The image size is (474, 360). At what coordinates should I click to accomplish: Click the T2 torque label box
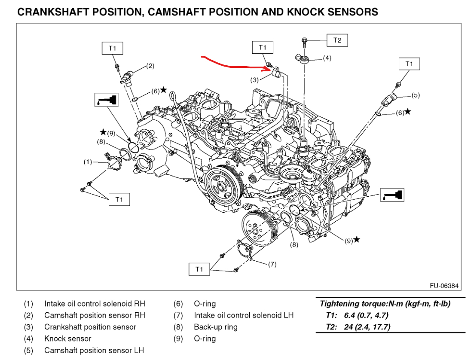coord(337,40)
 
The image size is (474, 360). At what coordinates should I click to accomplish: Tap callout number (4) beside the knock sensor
coord(327,58)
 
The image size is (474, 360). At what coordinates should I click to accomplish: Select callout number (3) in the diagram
coord(255,80)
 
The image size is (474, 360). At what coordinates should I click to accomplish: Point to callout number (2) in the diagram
coord(150,66)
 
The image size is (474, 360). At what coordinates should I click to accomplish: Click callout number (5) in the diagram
coord(415,95)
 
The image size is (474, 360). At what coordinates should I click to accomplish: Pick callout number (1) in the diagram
coord(88,162)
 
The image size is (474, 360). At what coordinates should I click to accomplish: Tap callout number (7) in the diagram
coord(272,264)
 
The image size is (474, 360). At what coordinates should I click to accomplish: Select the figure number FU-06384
coord(444,285)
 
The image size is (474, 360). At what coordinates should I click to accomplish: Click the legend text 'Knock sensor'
coord(67,339)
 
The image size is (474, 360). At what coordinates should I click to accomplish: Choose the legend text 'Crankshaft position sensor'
coord(90,327)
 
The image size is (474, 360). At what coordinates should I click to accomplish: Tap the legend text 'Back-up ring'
coord(215,327)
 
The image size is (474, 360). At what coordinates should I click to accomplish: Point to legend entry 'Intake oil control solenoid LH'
coord(244,315)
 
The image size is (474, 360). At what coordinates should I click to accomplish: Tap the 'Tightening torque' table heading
coord(385,304)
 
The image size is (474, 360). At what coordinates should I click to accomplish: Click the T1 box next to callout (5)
coord(409,64)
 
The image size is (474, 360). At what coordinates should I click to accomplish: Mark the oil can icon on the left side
coord(106,100)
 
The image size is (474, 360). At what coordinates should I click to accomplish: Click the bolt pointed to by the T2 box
coord(304,41)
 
